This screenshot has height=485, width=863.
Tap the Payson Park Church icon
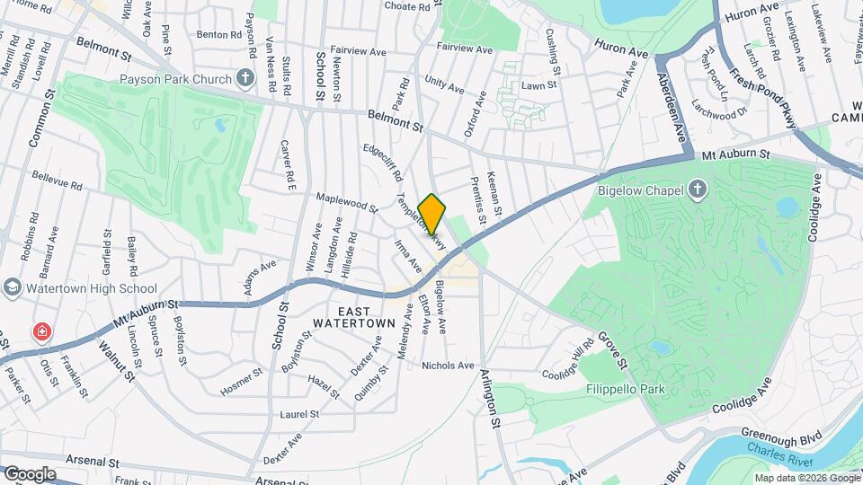pos(245,79)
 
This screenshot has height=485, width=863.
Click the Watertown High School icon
pos(13,287)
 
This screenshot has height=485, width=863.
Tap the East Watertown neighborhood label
pos(354,314)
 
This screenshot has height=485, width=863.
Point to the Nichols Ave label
pos(448,366)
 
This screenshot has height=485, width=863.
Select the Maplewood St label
pos(346,202)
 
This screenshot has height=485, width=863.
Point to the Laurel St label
pos(299,414)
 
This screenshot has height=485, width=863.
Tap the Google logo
pos(29,473)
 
